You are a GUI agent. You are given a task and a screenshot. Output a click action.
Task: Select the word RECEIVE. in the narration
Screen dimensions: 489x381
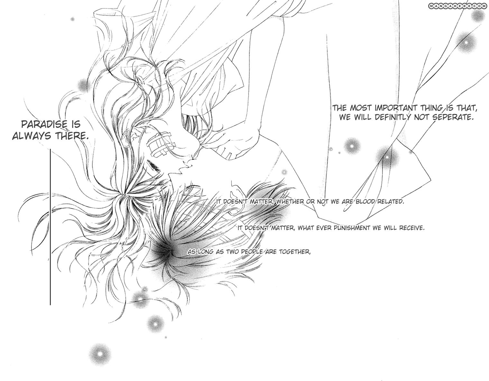(x=412, y=228)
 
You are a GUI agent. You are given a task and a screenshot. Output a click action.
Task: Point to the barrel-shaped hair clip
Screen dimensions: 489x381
(x=159, y=145)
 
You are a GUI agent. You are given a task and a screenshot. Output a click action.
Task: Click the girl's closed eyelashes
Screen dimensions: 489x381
(x=154, y=166)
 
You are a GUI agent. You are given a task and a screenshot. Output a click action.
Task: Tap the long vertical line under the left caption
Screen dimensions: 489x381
(x=50, y=227)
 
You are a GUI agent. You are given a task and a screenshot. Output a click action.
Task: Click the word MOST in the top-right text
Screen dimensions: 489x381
(x=360, y=108)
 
